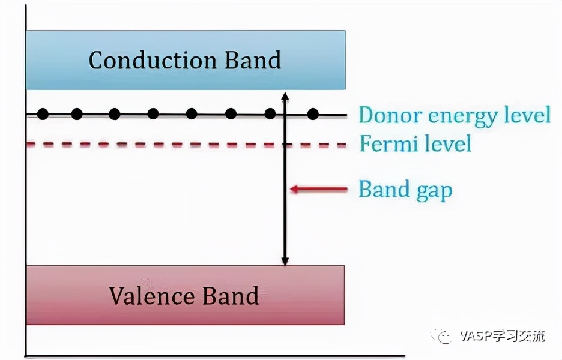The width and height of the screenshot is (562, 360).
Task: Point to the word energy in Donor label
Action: click(x=461, y=115)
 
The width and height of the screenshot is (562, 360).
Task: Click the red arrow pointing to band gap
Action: click(x=319, y=190)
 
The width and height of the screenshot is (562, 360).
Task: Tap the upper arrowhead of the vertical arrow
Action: click(x=285, y=97)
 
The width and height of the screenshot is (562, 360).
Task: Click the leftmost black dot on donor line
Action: click(x=42, y=113)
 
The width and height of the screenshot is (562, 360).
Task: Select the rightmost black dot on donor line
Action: click(x=312, y=113)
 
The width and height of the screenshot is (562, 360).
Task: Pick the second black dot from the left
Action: click(x=76, y=113)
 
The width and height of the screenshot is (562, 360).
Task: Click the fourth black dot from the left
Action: click(x=153, y=113)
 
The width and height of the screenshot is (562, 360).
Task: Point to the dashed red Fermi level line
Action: click(x=180, y=145)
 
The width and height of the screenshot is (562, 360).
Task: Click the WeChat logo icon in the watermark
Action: click(x=444, y=336)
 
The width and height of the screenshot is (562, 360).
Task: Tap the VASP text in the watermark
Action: click(x=473, y=336)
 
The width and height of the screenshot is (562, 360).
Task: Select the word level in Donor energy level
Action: click(x=528, y=114)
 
